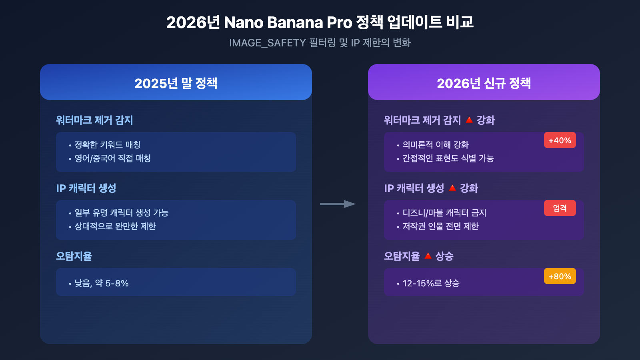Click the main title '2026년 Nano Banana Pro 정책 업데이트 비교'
[320, 22]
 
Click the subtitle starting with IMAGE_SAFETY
[320, 43]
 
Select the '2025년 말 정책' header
[176, 83]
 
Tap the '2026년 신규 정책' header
[484, 83]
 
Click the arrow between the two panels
[338, 204]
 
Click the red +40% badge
[560, 140]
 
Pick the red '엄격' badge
[560, 208]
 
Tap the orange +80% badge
[560, 276]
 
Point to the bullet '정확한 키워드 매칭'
[107, 145]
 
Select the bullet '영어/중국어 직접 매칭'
[112, 158]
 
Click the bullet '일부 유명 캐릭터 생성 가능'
[121, 213]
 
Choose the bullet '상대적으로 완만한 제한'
[115, 226]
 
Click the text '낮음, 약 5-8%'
[102, 283]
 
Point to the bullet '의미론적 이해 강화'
[435, 145]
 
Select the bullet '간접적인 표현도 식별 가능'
[448, 158]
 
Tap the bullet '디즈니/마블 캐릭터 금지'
[444, 213]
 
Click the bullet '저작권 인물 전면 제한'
[440, 226]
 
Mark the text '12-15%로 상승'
[431, 283]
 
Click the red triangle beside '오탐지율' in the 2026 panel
[428, 256]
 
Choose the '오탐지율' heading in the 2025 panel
[74, 256]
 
